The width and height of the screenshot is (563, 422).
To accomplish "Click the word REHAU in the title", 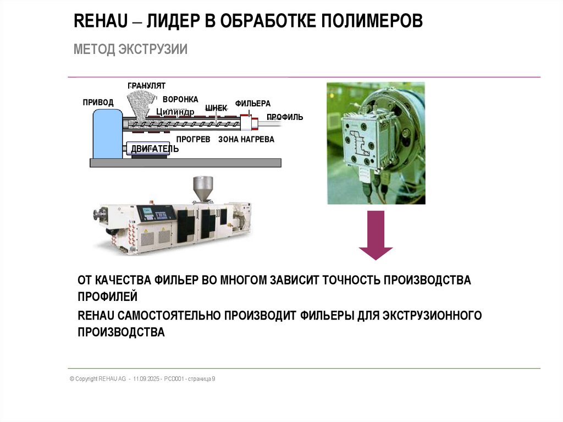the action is (x=101, y=21).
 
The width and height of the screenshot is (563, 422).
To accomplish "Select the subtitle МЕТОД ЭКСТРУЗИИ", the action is (x=130, y=50).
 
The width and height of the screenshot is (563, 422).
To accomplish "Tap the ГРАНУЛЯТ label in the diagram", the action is (x=146, y=85).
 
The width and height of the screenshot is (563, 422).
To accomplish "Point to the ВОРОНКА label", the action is (x=180, y=99).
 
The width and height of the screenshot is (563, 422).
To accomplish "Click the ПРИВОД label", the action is (x=98, y=102).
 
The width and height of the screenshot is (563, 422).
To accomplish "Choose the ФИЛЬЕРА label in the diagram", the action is (x=253, y=103).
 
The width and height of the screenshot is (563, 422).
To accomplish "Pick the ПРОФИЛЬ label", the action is (x=285, y=117).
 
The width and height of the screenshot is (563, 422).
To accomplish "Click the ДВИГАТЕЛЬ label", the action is (x=154, y=149).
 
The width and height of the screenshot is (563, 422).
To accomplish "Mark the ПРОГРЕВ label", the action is (x=193, y=139).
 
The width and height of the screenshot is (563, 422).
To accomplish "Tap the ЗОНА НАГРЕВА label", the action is (x=246, y=139).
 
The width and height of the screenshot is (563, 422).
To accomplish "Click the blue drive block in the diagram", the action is (x=108, y=134).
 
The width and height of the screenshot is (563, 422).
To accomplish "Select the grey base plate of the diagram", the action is (x=185, y=163).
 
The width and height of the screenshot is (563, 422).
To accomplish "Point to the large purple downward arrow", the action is (x=376, y=235).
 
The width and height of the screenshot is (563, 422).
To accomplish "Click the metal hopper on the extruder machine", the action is (x=203, y=188).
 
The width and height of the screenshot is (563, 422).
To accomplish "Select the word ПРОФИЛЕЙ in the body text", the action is (x=108, y=297).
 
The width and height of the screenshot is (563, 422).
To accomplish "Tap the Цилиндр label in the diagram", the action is (x=175, y=112).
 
